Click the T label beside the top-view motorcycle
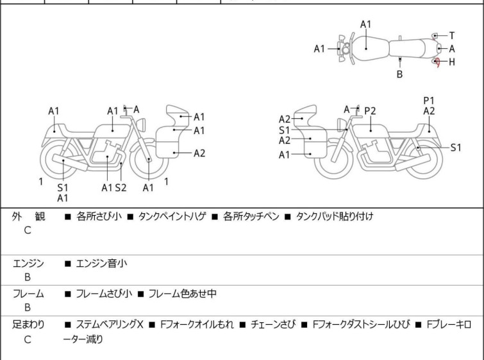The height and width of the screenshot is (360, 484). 452,35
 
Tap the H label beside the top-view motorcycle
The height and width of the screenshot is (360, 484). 452,62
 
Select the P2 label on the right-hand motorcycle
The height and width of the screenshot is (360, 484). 370,111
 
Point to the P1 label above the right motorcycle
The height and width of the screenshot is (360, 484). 429,100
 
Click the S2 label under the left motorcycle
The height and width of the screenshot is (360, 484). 121,187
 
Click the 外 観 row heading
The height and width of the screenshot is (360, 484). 28,217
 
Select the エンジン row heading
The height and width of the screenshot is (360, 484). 28,263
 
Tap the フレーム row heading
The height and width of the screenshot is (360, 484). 28,294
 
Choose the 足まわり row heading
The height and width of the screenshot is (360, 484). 28,325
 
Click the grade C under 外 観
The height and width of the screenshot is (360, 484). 28,230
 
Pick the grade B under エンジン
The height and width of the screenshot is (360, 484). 28,277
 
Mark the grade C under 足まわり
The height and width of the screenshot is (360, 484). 28,339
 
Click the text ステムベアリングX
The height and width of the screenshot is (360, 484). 110,325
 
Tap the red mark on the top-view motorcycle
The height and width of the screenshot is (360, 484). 437,62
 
